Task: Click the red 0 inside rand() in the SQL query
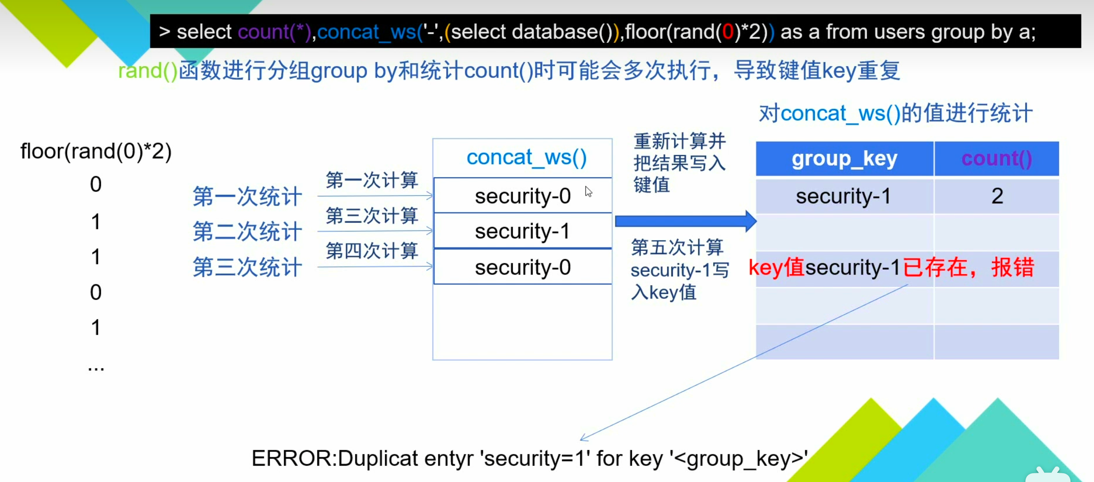(728, 32)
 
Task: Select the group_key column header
(844, 159)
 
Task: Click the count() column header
(997, 159)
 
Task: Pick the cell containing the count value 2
(997, 196)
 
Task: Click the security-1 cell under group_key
(843, 196)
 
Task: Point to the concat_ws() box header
(526, 157)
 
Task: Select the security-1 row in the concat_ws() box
(522, 231)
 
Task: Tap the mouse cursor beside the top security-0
(588, 191)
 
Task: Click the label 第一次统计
(248, 196)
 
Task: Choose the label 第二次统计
(248, 231)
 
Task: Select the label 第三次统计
(248, 267)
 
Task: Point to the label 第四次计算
(372, 251)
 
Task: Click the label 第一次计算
(372, 180)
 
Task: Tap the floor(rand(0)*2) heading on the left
(96, 152)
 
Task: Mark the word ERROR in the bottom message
(292, 458)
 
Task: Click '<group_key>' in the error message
(738, 458)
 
